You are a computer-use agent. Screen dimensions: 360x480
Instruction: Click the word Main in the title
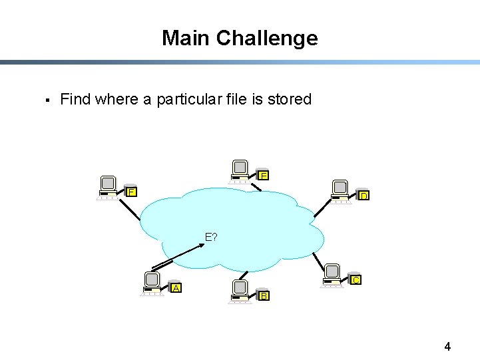pos(184,38)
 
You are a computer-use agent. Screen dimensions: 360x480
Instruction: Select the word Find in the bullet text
pos(75,99)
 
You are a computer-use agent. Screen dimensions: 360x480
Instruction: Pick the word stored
pos(290,99)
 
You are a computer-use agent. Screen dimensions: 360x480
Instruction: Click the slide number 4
pos(447,346)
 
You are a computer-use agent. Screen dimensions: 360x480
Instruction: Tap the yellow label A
pos(176,287)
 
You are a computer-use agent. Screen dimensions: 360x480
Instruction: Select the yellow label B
pos(264,295)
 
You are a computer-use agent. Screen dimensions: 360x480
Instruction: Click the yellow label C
pos(356,279)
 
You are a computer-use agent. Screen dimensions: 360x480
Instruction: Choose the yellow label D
pos(363,196)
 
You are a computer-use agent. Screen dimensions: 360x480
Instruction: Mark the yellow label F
pos(131,192)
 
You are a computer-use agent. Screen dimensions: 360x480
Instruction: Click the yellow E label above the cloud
pos(264,176)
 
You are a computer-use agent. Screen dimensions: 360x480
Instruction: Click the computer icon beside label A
pos(153,283)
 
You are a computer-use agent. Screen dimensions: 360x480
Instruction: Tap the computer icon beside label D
pos(341,190)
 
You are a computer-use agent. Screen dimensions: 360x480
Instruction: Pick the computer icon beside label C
pos(332,274)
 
